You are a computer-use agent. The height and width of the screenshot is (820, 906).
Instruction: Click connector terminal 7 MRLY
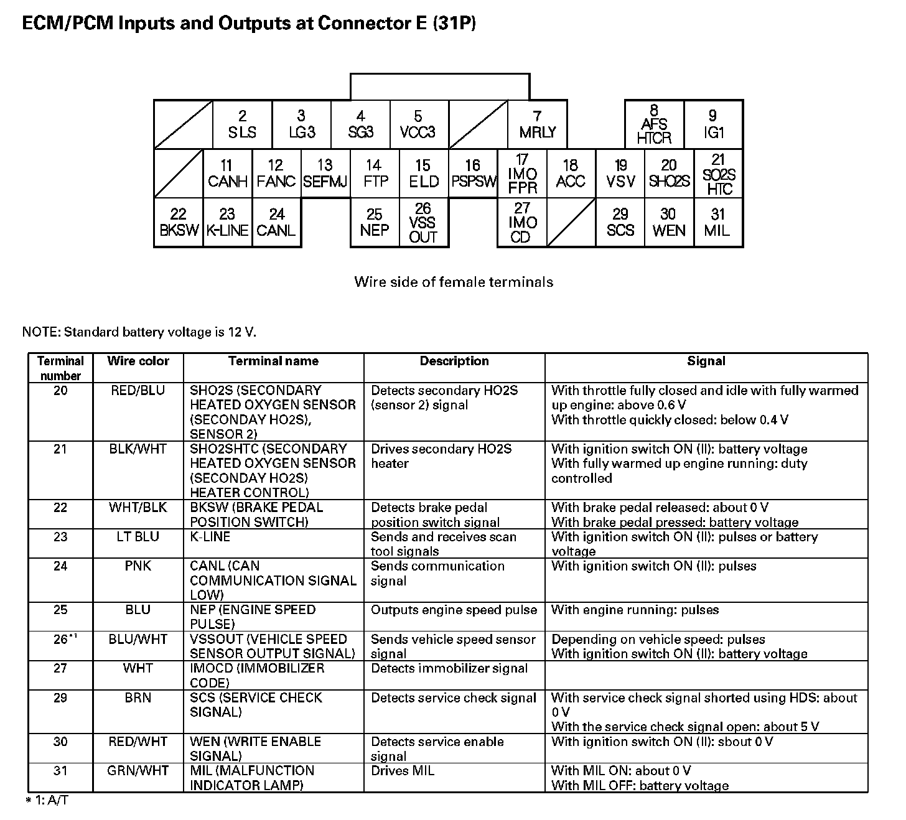coord(538,124)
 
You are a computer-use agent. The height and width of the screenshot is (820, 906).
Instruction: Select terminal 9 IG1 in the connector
coord(713,124)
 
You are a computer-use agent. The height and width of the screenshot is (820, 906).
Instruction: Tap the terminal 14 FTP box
coord(375,173)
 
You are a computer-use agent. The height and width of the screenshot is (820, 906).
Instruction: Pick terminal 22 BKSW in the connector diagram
coord(179,222)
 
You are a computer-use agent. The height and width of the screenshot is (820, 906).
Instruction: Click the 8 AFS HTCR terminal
coord(654,124)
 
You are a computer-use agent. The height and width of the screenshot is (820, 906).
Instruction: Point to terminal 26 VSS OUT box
coord(423,222)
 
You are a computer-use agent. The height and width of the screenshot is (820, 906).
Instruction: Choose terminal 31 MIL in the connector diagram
coord(717,222)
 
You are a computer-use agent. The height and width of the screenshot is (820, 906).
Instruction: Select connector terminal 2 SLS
coord(242,124)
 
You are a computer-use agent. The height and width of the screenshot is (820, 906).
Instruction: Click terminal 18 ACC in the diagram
coord(571,173)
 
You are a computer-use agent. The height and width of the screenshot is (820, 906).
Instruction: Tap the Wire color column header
coord(138,361)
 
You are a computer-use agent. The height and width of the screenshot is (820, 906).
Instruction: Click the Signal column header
coord(706,361)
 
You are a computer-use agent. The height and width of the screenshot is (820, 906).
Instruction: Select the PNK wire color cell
coord(138,566)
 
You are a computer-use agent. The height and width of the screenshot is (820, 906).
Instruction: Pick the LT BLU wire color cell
coord(138,536)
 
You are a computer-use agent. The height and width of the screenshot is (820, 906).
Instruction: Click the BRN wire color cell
coord(138,697)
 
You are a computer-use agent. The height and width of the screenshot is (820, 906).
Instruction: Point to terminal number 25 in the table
coord(60,610)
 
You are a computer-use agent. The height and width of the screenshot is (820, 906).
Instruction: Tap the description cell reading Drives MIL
coord(403,771)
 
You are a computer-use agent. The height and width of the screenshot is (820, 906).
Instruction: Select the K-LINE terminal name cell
coord(210,536)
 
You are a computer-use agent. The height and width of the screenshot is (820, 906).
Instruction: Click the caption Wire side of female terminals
coord(454,282)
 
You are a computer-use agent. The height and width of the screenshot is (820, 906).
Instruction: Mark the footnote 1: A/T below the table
coord(47,801)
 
